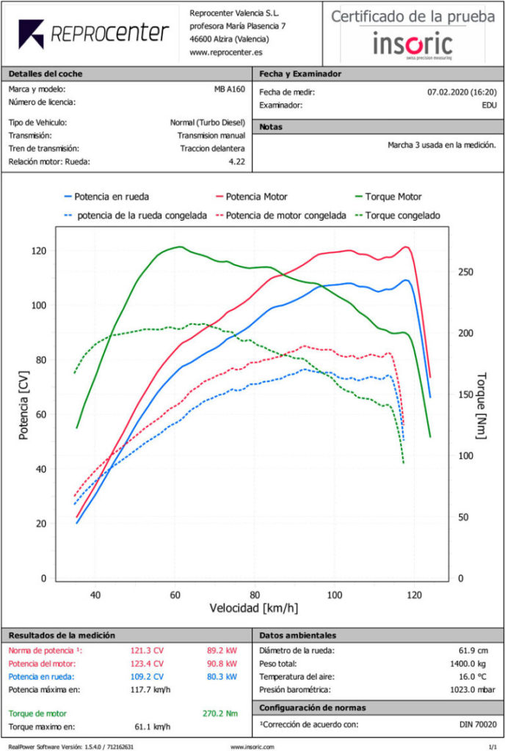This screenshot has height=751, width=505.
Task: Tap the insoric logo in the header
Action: pos(412,44)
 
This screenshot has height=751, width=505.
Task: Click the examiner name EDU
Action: pos(489,106)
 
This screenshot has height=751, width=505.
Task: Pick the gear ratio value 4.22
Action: pos(237,160)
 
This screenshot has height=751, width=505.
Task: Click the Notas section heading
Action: pos(271,127)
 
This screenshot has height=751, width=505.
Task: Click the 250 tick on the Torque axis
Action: pos(465,272)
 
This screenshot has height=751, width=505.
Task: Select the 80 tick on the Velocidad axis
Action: pos(254,595)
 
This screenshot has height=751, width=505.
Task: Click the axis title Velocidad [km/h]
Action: pos(254,609)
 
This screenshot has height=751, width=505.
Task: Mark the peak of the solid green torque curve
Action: pos(179,247)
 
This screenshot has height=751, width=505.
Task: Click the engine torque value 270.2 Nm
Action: pos(219,713)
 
